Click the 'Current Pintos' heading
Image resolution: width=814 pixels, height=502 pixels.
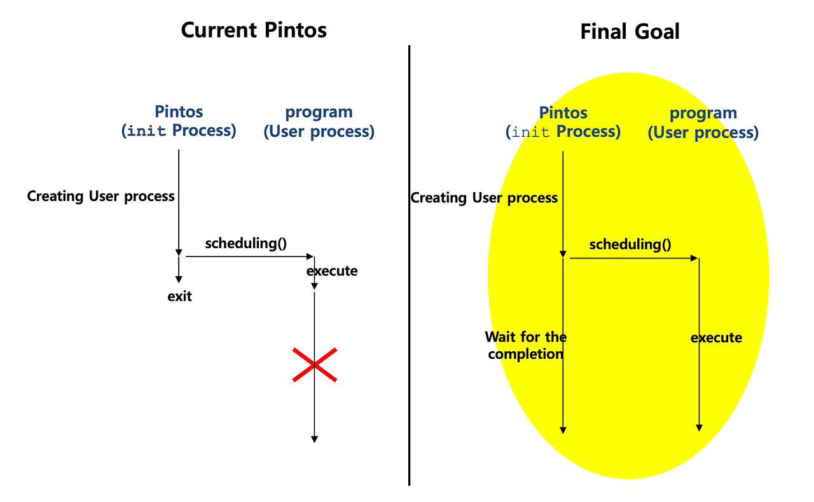[x=254, y=30]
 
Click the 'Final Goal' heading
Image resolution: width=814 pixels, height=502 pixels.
[x=630, y=32]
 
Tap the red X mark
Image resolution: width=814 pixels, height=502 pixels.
[x=314, y=365]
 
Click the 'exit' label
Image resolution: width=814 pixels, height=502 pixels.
[x=179, y=296]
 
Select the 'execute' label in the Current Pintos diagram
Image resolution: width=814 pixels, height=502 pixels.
[x=332, y=272]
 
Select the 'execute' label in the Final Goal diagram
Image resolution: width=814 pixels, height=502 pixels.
[x=716, y=338]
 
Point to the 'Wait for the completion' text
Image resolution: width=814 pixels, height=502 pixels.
[x=525, y=345]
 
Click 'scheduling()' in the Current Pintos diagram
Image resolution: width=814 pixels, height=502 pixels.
[x=245, y=243]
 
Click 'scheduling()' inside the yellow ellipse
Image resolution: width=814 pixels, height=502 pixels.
[x=630, y=245]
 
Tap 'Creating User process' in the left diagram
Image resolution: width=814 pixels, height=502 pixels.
[x=100, y=196]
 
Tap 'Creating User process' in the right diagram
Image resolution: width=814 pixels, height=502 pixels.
[x=484, y=198]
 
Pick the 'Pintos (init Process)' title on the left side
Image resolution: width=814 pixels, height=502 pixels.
[x=179, y=122]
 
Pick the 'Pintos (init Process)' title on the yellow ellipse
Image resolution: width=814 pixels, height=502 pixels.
[x=563, y=123]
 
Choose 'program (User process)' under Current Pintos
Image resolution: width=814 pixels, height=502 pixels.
[x=319, y=122]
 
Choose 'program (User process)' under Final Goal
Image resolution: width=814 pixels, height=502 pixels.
[x=703, y=123]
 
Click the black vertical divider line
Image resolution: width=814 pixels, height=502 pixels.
[x=409, y=267]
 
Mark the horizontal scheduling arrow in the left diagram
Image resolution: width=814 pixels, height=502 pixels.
[x=248, y=257]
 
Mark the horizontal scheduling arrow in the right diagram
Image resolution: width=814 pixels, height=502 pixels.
[x=633, y=258]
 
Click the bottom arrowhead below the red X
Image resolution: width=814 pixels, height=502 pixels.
[x=314, y=438]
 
